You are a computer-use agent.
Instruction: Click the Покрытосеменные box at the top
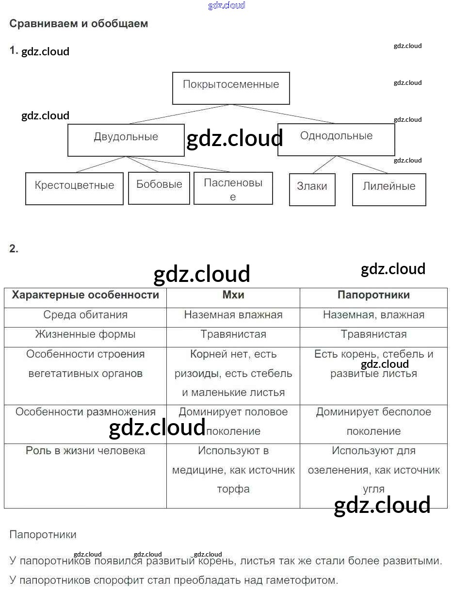[231, 88]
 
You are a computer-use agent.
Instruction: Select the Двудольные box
[126, 140]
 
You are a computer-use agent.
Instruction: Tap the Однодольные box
[336, 139]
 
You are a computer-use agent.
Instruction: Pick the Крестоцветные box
[74, 188]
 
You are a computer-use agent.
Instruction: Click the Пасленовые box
[233, 188]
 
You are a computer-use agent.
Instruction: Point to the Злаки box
[312, 189]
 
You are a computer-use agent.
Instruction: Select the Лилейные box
[389, 189]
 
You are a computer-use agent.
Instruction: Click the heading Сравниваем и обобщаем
[79, 23]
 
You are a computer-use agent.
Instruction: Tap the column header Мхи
[233, 295]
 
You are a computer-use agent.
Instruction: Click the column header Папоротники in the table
[373, 295]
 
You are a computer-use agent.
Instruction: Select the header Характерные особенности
[85, 295]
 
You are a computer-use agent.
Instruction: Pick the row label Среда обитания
[85, 314]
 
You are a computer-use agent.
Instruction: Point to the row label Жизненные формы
[85, 334]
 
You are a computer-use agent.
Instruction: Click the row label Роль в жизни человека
[85, 450]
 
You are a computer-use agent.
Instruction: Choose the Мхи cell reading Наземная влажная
[233, 314]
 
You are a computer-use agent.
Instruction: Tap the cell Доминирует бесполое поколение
[373, 421]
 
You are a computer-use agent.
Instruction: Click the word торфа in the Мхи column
[233, 489]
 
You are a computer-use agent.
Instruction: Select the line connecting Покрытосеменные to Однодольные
[284, 114]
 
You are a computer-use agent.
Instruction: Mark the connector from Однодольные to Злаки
[324, 165]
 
